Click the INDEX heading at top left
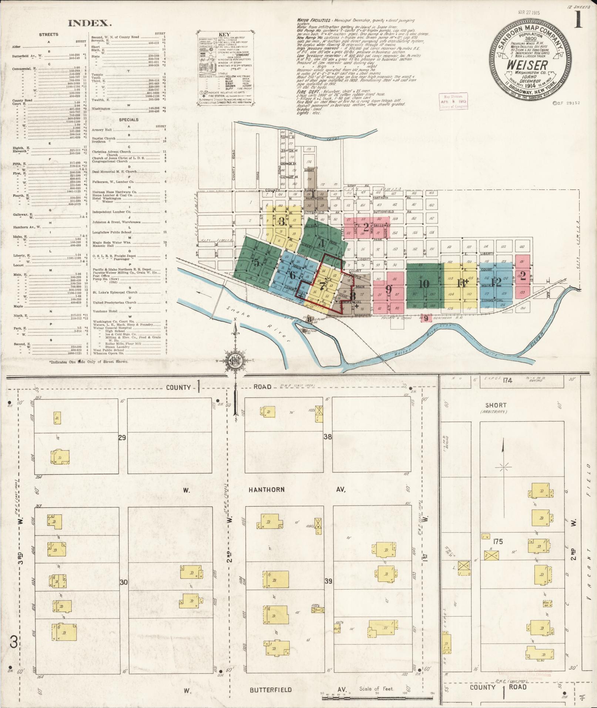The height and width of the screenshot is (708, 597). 90,23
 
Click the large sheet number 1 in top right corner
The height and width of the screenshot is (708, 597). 578,19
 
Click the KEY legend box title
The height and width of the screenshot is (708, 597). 225,34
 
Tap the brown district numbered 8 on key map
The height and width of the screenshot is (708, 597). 352,296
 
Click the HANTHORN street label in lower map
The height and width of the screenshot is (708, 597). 266,490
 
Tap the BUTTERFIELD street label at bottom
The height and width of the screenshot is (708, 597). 271,690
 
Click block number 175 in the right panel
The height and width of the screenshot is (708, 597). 498,541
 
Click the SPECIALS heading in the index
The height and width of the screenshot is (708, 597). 128,120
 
